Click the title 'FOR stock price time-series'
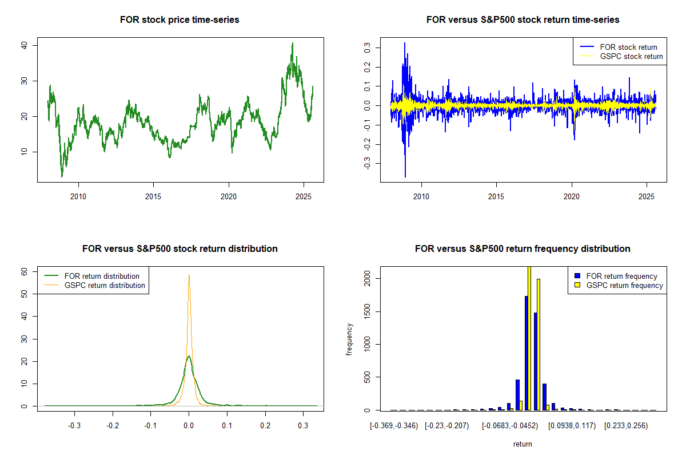click(x=180, y=19)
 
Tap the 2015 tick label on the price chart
click(x=153, y=196)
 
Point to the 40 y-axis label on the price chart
click(x=24, y=45)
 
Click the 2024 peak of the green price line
click(x=293, y=43)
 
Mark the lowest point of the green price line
click(x=62, y=177)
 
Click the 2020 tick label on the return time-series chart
click(x=572, y=196)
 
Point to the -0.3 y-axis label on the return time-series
click(x=367, y=163)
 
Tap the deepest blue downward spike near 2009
click(x=405, y=177)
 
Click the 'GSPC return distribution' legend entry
click(x=95, y=285)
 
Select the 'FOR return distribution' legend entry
click(x=92, y=276)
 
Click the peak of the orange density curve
click(x=189, y=275)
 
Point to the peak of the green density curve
click(x=189, y=356)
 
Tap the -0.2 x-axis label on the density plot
click(x=113, y=426)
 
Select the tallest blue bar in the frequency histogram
click(x=527, y=353)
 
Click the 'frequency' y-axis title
click(x=349, y=339)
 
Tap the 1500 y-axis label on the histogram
click(x=367, y=311)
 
